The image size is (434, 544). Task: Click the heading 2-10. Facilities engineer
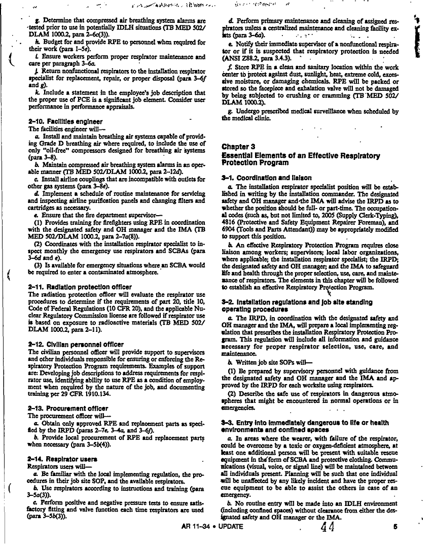[x=65, y=122]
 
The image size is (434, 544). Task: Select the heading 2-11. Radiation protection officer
[x=77, y=287]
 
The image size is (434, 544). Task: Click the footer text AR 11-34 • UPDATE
[x=212, y=527]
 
